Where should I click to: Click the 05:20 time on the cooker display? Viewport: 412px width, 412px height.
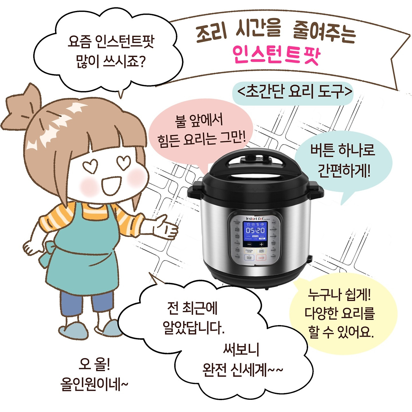255,230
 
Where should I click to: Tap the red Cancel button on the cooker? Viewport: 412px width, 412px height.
261,258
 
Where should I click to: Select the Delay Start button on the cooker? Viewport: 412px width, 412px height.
249,257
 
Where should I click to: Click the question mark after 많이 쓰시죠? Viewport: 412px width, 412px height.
140,61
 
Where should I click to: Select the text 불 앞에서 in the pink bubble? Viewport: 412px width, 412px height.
199,120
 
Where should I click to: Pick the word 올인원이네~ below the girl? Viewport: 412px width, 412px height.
94,384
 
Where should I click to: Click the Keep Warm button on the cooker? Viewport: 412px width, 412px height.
261,250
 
